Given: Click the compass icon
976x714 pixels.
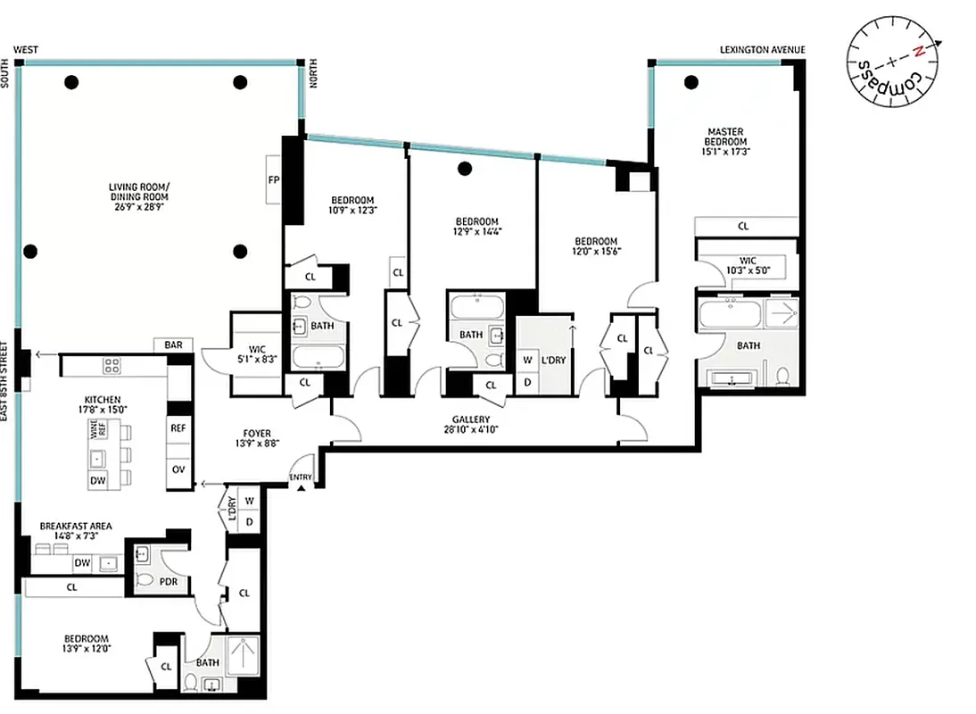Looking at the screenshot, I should coord(893,68).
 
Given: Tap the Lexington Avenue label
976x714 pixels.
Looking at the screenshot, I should coord(762,50).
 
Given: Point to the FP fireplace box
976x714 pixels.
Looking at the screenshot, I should coord(274,179).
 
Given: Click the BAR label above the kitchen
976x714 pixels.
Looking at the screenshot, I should coord(173,345).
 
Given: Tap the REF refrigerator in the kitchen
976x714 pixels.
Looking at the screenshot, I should coord(178,428).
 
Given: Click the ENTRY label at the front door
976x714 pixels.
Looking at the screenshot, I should coord(302,478).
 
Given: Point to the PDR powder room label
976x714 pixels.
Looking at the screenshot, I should coord(167,580).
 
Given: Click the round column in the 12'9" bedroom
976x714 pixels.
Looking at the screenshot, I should coord(463,168).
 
